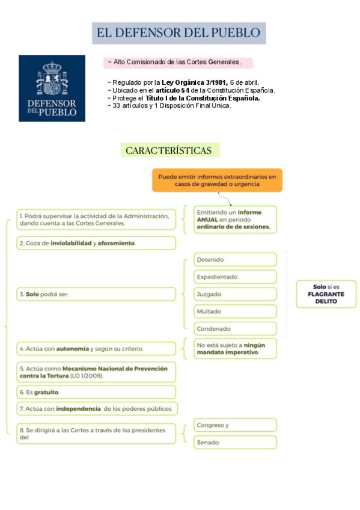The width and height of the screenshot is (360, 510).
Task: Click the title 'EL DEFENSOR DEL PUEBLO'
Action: (178, 32)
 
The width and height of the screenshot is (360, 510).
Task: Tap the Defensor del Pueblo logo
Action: (52, 88)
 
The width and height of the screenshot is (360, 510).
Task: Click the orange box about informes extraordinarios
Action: (217, 180)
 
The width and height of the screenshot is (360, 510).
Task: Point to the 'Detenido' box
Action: (235, 260)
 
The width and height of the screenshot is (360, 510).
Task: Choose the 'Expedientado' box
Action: (235, 277)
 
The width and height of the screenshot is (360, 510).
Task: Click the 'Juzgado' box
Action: (235, 294)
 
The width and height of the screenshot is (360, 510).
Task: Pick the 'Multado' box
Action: (235, 312)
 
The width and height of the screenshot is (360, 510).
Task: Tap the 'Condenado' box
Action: (235, 329)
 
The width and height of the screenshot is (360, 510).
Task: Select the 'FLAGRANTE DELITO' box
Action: (326, 294)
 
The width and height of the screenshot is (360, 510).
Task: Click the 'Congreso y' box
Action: (235, 425)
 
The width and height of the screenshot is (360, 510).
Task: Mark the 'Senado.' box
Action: (235, 443)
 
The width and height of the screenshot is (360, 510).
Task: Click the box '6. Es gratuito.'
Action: (96, 392)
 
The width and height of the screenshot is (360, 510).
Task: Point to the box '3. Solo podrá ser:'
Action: (96, 294)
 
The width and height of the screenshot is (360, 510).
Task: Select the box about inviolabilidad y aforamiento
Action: (96, 243)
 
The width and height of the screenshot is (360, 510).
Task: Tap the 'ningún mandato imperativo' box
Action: (235, 348)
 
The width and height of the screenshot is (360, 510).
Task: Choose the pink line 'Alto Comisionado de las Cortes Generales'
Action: (178, 63)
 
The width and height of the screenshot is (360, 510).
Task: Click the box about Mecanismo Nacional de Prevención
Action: (96, 371)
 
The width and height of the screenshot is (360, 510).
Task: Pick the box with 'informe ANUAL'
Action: (235, 220)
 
